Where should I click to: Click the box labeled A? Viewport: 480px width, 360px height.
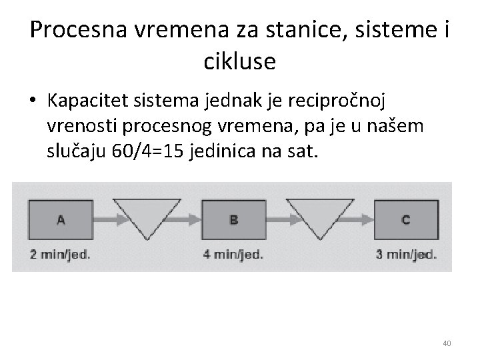(x=61, y=219)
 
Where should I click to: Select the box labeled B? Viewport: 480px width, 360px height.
(x=233, y=219)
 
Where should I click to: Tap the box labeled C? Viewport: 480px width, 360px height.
(x=406, y=219)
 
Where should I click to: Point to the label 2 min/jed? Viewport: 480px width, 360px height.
(x=60, y=254)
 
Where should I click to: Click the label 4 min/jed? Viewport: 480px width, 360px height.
(x=233, y=254)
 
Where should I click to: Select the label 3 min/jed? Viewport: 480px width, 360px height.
(x=407, y=254)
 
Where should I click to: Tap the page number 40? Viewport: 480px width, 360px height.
(x=447, y=343)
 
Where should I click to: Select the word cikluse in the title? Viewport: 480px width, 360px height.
(x=239, y=61)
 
